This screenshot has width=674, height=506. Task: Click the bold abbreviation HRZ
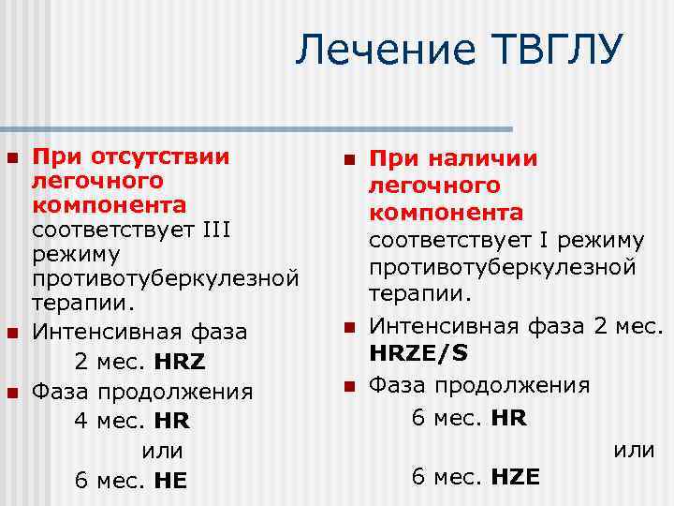click(x=182, y=361)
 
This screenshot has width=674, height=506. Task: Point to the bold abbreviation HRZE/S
click(x=419, y=354)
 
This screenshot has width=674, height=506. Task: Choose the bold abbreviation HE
click(x=170, y=481)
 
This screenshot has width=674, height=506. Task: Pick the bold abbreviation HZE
click(x=515, y=477)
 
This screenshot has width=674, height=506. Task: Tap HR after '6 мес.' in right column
click(x=509, y=417)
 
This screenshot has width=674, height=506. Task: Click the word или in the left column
click(x=162, y=451)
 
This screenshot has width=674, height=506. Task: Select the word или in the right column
click(x=634, y=450)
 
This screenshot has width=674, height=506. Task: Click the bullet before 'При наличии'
click(x=348, y=160)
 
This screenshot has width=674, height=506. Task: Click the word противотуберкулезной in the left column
click(x=166, y=278)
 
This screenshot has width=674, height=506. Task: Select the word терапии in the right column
click(x=418, y=293)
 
